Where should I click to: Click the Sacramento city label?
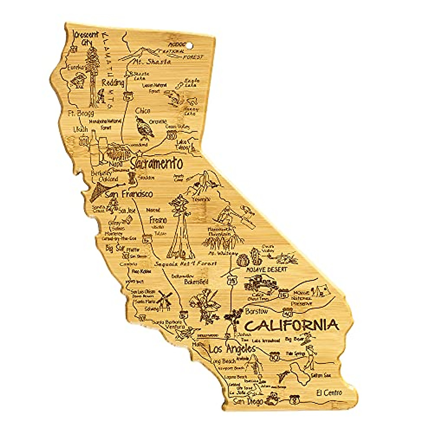click(x=156, y=164)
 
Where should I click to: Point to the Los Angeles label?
click(x=232, y=349)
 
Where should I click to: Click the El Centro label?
click(x=329, y=393)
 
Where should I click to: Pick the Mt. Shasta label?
click(x=152, y=62)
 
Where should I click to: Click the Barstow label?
click(x=256, y=311)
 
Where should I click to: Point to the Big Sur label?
click(x=114, y=248)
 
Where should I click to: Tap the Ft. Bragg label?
click(x=81, y=114)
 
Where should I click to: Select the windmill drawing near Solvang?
click(x=165, y=299)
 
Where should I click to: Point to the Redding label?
click(x=113, y=83)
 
